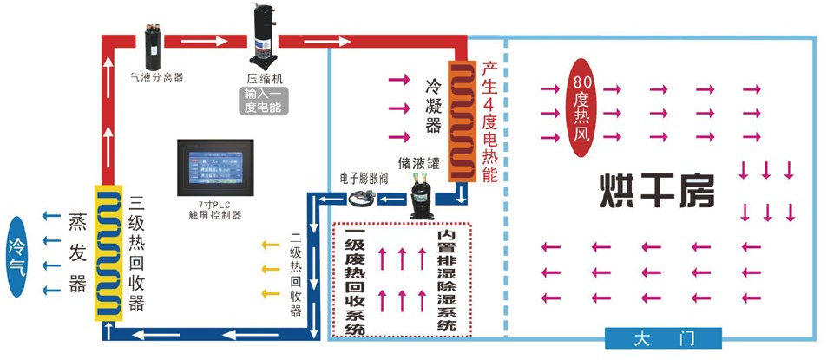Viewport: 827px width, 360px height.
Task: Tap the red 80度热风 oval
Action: [581, 106]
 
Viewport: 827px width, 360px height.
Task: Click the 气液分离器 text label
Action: [156, 76]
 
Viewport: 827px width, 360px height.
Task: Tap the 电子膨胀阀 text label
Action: [363, 177]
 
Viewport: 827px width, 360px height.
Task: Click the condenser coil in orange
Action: [462, 121]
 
